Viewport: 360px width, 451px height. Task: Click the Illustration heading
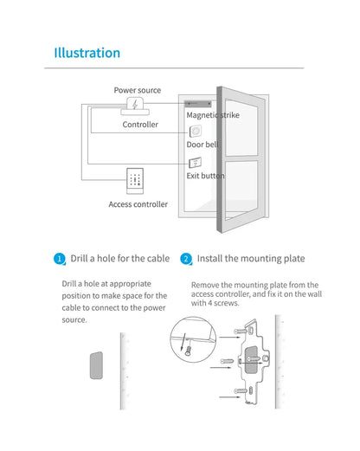click(87, 53)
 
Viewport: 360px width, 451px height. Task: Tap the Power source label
click(138, 90)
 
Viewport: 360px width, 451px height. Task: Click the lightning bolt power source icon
click(135, 104)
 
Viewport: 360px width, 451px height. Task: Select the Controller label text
click(140, 125)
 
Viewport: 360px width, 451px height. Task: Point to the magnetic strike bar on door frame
click(198, 104)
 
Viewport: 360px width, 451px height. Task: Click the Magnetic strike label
click(213, 115)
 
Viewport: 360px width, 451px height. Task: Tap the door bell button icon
click(196, 132)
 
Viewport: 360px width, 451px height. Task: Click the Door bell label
click(202, 145)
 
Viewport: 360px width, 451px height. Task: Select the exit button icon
click(195, 163)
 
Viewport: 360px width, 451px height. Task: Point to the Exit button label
click(205, 176)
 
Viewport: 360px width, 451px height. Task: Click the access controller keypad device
click(135, 181)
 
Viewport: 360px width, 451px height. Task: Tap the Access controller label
click(138, 204)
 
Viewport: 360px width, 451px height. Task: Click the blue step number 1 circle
click(60, 259)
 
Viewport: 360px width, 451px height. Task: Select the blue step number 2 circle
click(186, 259)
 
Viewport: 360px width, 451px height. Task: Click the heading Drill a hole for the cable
click(120, 258)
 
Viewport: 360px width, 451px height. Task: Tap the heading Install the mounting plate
click(251, 259)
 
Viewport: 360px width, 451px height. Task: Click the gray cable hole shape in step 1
click(96, 365)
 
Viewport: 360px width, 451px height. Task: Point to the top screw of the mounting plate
click(241, 332)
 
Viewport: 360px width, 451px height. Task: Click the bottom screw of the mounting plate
click(241, 391)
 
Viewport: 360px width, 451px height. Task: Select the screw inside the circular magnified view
click(189, 351)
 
